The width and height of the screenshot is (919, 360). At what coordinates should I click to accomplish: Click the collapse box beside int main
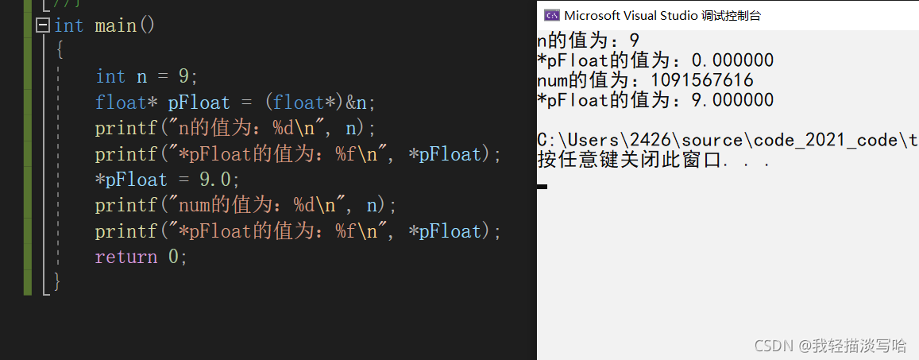tap(43, 25)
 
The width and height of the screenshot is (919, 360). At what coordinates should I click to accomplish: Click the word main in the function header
tap(116, 25)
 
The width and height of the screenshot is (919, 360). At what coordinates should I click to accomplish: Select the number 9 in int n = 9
tap(183, 76)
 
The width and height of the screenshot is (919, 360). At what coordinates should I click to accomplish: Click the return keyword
tap(125, 257)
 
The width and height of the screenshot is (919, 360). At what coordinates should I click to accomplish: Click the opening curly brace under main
tap(59, 51)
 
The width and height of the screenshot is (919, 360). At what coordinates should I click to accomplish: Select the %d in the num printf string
tap(305, 205)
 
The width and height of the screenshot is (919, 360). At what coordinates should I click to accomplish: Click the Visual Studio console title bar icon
tap(550, 15)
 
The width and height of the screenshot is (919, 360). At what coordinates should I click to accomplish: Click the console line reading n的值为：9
tap(588, 41)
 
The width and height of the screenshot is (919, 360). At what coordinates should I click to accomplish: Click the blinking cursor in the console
tap(542, 186)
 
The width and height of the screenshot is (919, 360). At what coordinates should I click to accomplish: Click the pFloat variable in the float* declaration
tap(199, 103)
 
